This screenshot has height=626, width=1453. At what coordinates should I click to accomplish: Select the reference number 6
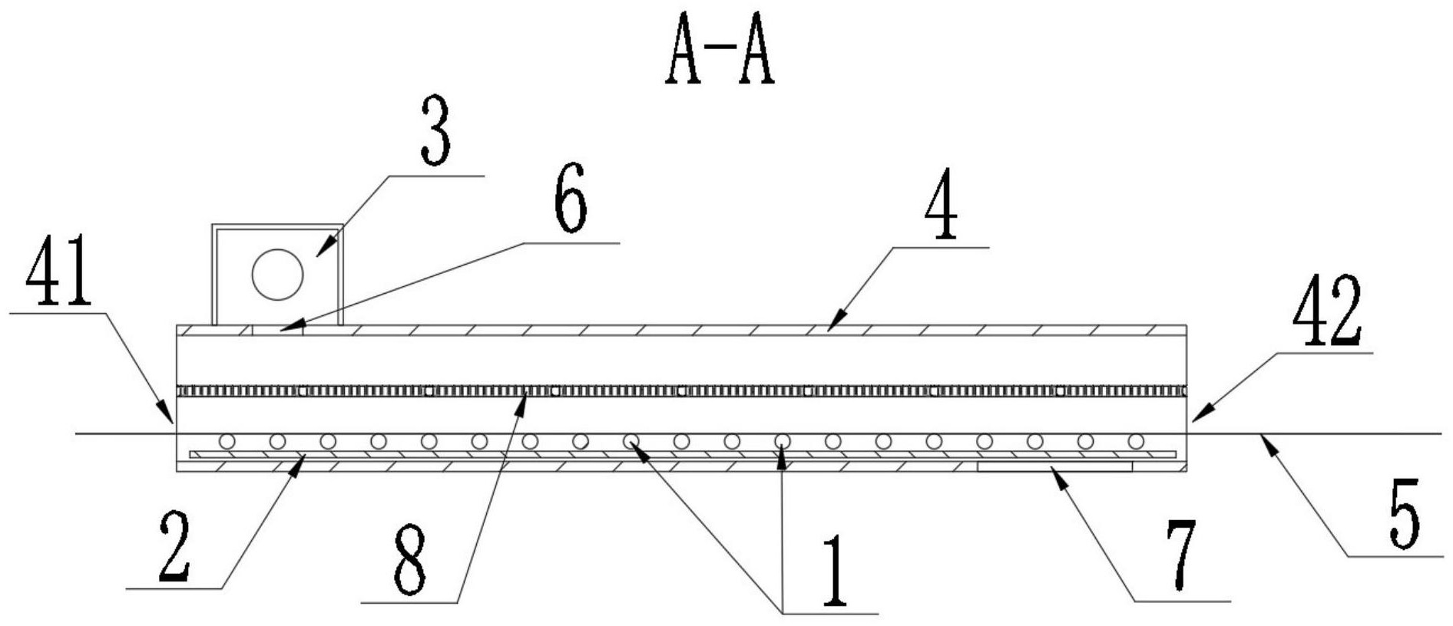[x=570, y=197]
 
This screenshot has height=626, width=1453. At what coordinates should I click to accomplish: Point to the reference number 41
[x=58, y=272]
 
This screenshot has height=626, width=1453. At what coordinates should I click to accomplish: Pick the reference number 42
[x=1327, y=311]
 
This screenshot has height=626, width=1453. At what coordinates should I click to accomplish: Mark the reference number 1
[x=834, y=572]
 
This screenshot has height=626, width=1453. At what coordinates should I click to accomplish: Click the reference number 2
[x=174, y=546]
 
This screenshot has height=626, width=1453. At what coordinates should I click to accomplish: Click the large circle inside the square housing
[x=277, y=274]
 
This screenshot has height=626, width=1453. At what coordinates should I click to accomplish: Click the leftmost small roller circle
[x=227, y=441]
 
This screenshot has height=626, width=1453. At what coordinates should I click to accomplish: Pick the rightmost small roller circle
[x=1136, y=441]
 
